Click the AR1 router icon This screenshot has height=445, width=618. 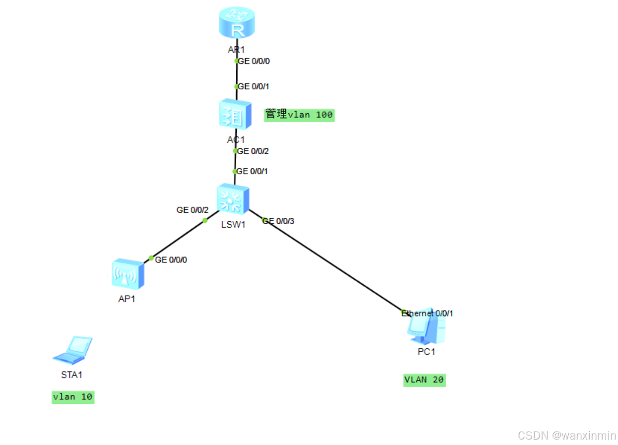tap(237, 25)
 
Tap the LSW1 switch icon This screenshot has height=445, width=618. tap(233, 199)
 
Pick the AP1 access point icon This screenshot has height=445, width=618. tap(128, 274)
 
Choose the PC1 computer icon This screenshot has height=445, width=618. tap(426, 327)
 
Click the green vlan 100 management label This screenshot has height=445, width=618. tap(299, 115)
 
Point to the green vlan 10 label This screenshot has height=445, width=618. tap(72, 397)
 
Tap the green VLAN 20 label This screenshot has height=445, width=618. tap(424, 380)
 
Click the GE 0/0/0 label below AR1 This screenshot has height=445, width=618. tap(254, 62)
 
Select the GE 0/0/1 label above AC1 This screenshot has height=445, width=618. tap(254, 87)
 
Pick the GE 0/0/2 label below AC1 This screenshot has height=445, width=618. tap(254, 151)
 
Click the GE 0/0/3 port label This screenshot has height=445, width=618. tap(279, 221)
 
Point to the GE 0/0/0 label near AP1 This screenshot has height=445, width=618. tap(171, 259)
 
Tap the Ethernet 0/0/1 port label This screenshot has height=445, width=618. tap(427, 314)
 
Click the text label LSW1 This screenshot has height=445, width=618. tap(233, 225)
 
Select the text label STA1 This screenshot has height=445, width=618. tap(72, 375)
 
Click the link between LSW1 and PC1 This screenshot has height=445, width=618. tap(328, 260)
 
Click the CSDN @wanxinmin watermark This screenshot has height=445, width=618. tap(567, 436)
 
